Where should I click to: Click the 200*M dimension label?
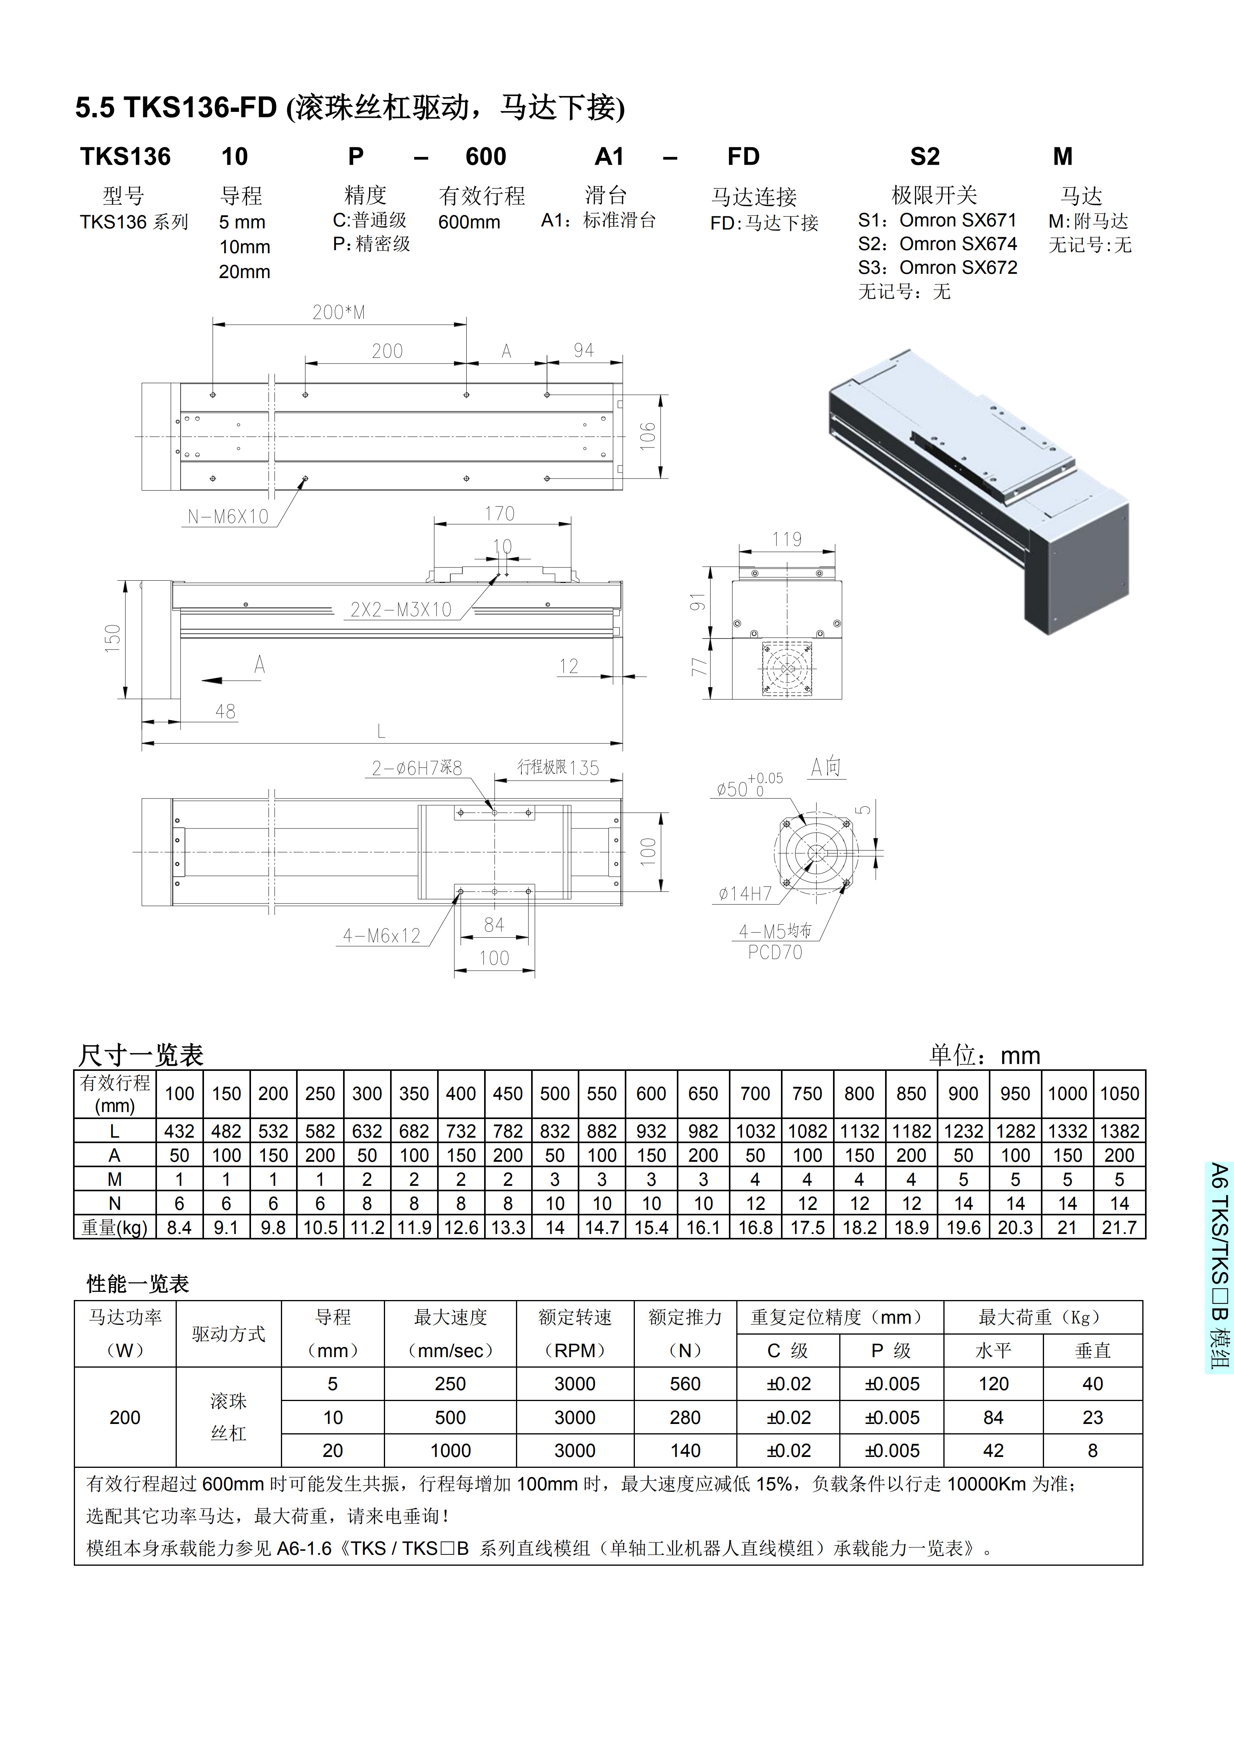[339, 312]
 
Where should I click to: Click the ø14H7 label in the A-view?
[745, 894]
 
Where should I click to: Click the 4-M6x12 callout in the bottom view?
[382, 936]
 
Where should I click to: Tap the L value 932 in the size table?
[651, 1131]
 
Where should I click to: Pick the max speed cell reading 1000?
[451, 1451]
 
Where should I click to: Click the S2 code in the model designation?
[925, 157]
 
